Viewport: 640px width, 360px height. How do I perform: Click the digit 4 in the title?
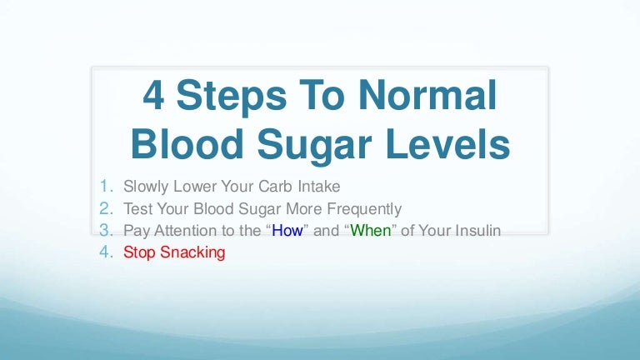click(x=153, y=95)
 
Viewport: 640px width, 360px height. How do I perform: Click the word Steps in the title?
click(x=232, y=98)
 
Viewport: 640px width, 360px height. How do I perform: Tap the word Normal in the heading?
click(x=427, y=95)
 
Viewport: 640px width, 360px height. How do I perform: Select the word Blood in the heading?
click(x=187, y=143)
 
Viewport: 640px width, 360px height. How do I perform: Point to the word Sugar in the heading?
click(x=314, y=147)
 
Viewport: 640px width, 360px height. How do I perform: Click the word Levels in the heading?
click(x=447, y=143)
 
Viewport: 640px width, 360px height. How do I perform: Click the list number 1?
click(x=106, y=186)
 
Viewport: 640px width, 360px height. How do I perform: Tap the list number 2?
click(x=106, y=208)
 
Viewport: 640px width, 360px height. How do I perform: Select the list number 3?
click(x=106, y=230)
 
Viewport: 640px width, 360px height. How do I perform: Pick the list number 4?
click(x=106, y=252)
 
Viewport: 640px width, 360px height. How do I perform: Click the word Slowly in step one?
click(x=146, y=187)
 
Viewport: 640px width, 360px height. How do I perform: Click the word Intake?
click(x=319, y=186)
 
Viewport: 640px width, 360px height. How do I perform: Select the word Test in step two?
click(x=138, y=208)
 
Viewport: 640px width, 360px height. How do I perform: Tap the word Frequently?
click(x=364, y=209)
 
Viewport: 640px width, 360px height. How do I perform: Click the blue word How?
click(x=287, y=231)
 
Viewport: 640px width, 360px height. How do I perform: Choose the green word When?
click(x=371, y=231)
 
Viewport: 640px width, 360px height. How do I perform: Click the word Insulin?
click(x=478, y=231)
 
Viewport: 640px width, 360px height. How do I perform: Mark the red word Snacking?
click(x=192, y=252)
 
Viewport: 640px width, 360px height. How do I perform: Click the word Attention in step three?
click(x=186, y=231)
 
